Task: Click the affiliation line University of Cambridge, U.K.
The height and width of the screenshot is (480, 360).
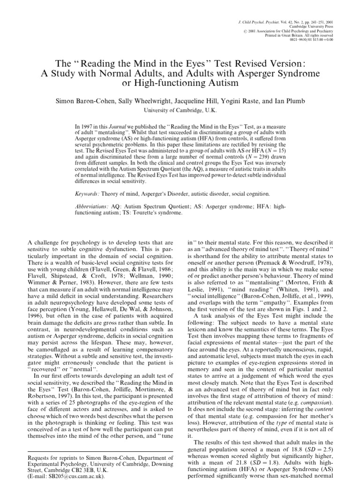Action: tap(180, 111)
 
